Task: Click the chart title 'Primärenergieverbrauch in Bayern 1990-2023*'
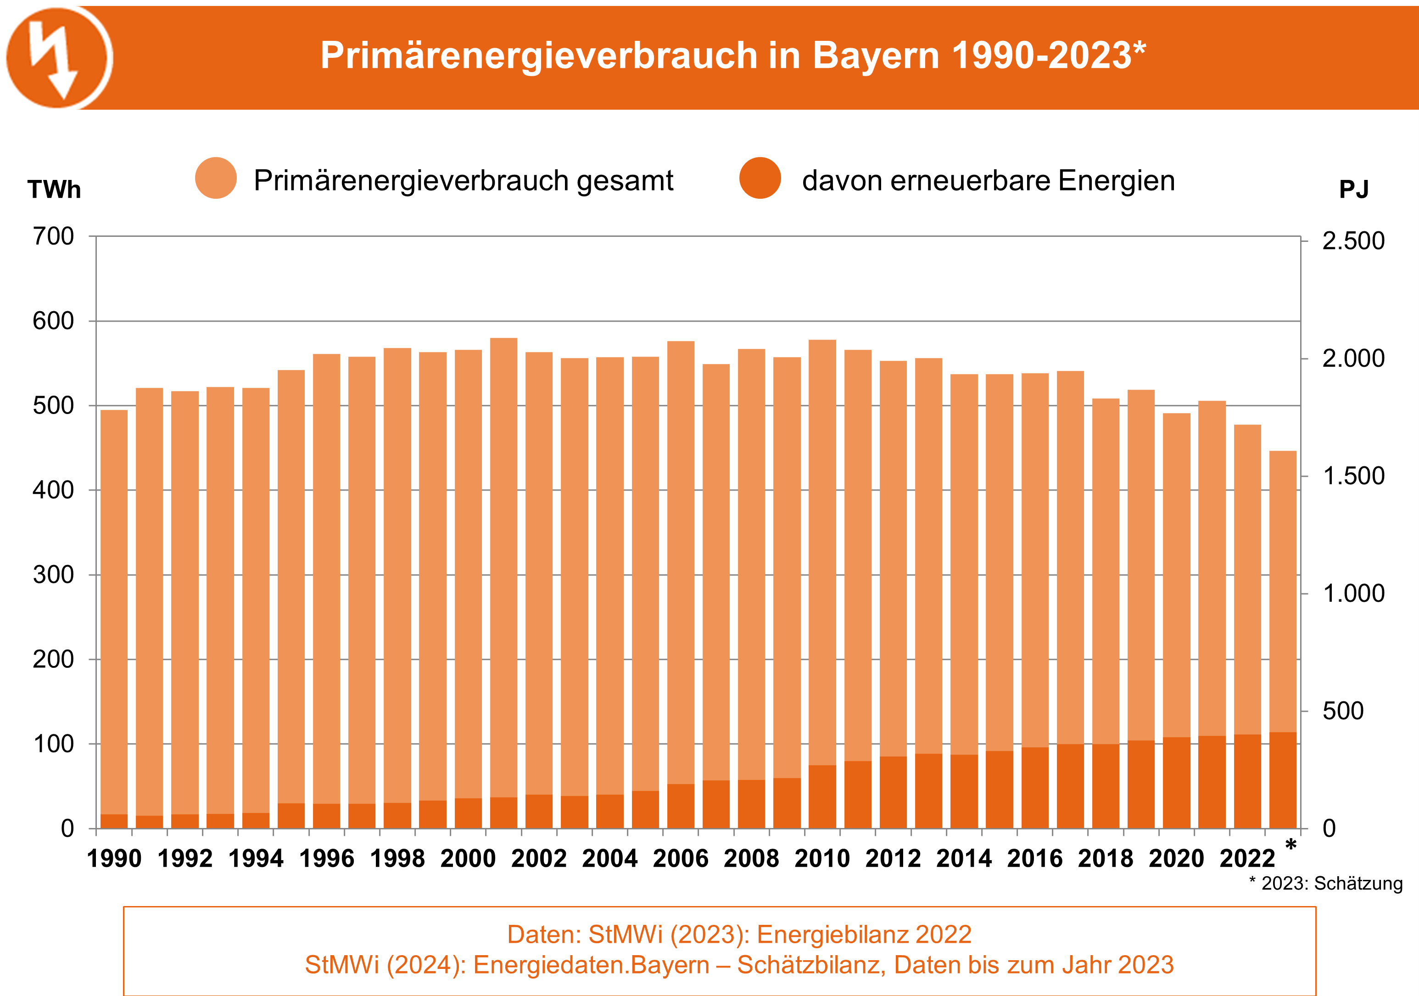732,56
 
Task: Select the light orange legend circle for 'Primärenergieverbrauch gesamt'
216,178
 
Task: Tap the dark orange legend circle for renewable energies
760,178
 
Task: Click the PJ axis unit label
1353,189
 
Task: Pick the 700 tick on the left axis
53,236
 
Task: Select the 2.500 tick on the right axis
1353,241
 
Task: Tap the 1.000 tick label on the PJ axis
1353,593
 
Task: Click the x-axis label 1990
114,859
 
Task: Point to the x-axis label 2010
822,859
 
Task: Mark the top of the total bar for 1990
114,411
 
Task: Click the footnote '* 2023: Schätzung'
1326,884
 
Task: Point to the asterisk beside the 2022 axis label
1291,845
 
